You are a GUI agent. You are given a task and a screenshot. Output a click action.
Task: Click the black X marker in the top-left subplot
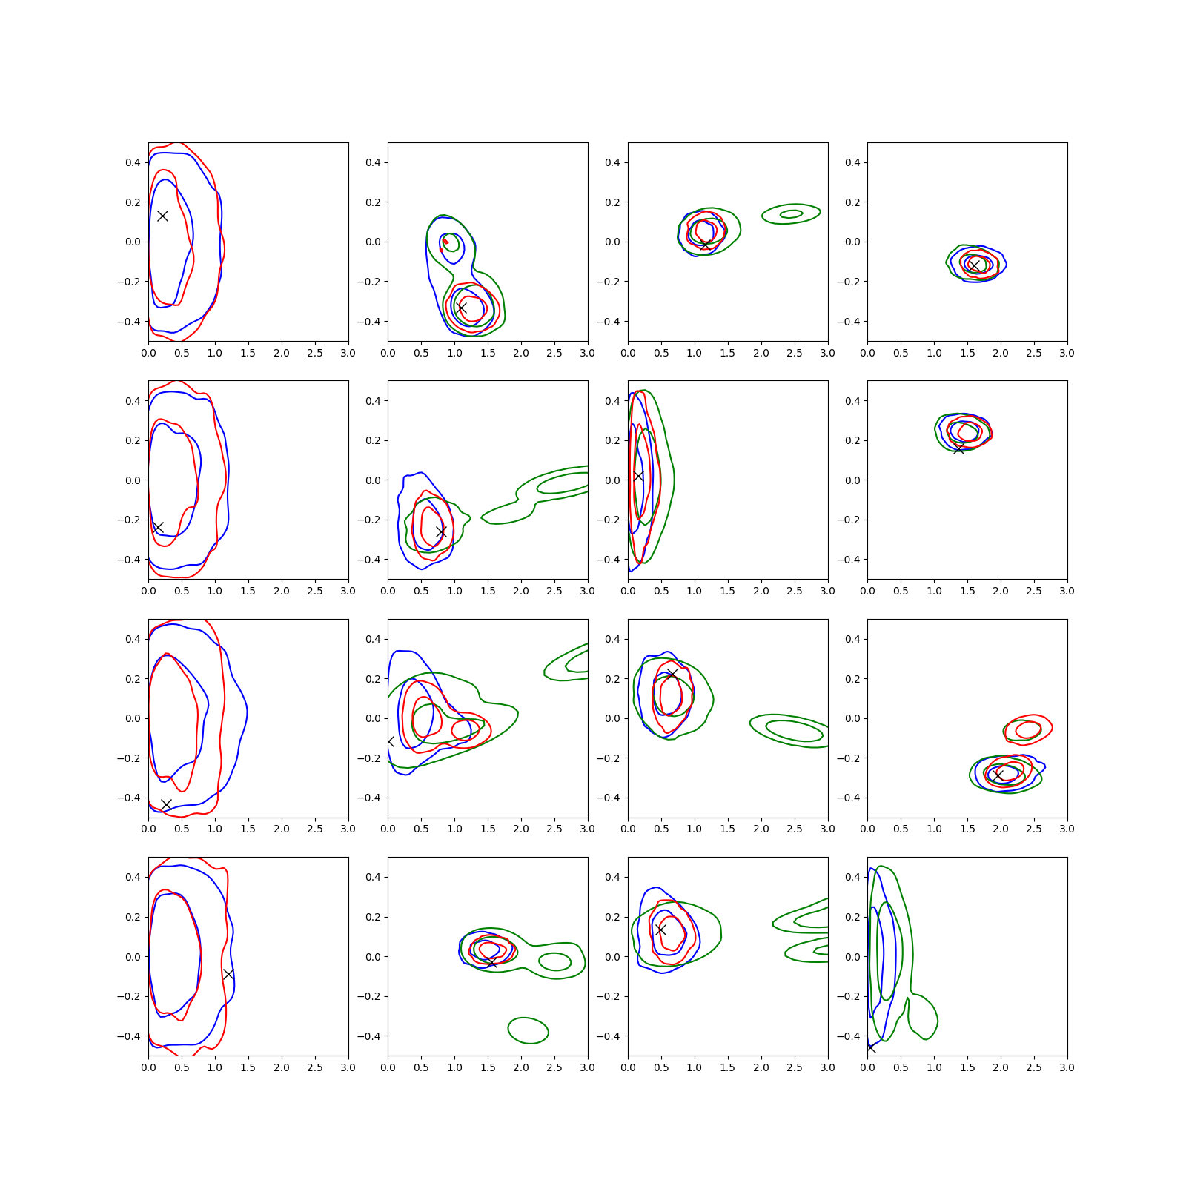[x=162, y=216]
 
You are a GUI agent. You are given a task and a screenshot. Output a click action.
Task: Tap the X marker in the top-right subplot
[x=975, y=265]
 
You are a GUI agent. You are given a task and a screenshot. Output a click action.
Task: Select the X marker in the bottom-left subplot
[x=228, y=974]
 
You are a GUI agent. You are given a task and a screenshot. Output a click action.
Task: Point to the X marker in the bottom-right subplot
[x=870, y=1047]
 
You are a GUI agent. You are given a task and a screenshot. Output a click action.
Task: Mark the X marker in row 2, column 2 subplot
[x=441, y=531]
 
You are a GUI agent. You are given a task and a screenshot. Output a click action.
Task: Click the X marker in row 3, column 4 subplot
[x=998, y=775]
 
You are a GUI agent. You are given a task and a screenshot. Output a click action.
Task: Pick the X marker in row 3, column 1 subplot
[x=166, y=804]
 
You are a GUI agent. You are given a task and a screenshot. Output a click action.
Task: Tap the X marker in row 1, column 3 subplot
[x=704, y=245]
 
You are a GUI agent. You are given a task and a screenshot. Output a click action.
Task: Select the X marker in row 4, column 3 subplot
[x=660, y=930]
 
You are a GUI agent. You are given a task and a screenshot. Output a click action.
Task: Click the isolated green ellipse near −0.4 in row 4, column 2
[x=528, y=1030]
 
